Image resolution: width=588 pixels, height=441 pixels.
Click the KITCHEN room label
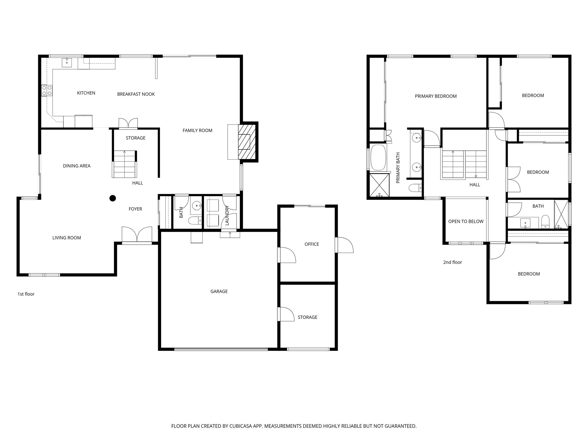pyautogui.click(x=86, y=93)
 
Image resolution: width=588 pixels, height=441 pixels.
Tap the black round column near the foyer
pyautogui.click(x=113, y=198)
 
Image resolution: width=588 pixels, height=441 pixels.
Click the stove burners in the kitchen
pyautogui.click(x=47, y=91)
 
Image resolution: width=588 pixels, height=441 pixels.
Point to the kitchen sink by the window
pyautogui.click(x=67, y=62)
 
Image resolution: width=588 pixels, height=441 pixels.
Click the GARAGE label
pyautogui.click(x=219, y=291)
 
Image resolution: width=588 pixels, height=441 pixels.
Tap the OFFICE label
pyautogui.click(x=312, y=244)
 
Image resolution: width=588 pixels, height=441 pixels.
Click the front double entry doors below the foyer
pyautogui.click(x=137, y=235)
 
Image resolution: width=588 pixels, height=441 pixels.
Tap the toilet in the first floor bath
pyautogui.click(x=194, y=221)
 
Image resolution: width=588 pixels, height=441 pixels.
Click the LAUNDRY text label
pyautogui.click(x=227, y=215)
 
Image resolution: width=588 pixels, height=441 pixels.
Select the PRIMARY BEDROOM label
pyautogui.click(x=436, y=96)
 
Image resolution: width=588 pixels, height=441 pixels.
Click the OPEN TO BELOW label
pyautogui.click(x=466, y=221)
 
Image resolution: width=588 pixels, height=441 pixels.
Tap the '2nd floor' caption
pyautogui.click(x=452, y=262)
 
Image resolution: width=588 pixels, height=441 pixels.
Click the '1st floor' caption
pyautogui.click(x=26, y=294)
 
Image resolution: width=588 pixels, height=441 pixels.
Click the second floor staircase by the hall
pyautogui.click(x=464, y=165)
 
